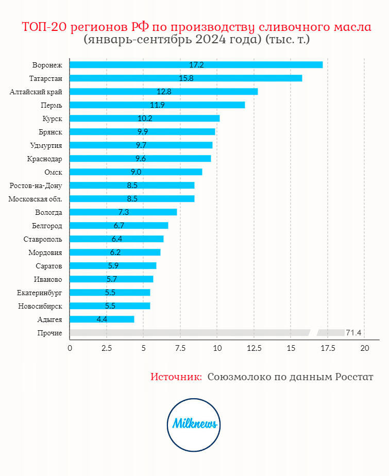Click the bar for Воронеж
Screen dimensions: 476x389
point(196,65)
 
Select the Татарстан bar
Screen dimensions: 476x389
point(185,78)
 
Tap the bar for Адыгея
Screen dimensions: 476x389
point(102,319)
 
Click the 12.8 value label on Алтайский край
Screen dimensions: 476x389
point(164,92)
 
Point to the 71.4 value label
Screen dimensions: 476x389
point(353,333)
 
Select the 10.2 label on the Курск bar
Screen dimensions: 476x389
point(145,118)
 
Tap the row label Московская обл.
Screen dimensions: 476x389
point(36,199)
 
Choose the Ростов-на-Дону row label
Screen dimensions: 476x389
point(36,185)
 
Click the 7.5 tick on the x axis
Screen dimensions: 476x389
point(180,348)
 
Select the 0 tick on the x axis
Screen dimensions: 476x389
point(70,348)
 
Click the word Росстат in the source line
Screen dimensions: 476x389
point(355,377)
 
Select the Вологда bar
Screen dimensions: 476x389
point(123,212)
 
